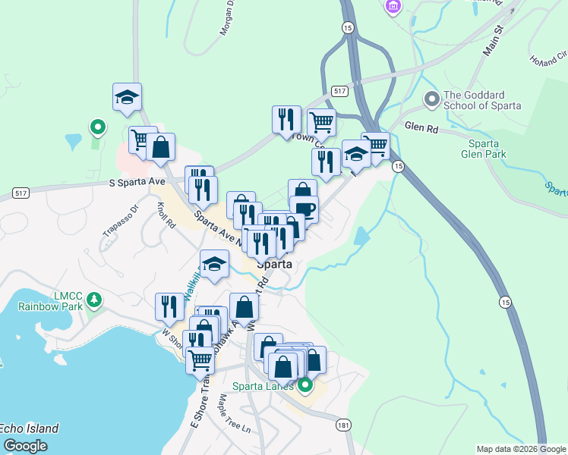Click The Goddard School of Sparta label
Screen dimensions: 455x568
(482, 100)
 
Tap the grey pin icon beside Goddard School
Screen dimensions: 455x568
(432, 99)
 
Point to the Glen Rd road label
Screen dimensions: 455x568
(421, 129)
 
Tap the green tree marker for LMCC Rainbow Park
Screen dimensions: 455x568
(94, 300)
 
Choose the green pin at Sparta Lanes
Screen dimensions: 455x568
(305, 387)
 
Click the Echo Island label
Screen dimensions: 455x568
(29, 428)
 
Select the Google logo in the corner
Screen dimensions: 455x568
(25, 446)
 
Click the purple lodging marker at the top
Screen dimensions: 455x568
(393, 7)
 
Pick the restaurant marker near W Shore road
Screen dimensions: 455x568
(169, 306)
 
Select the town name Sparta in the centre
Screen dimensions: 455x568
(274, 265)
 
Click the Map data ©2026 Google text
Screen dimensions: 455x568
(521, 449)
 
